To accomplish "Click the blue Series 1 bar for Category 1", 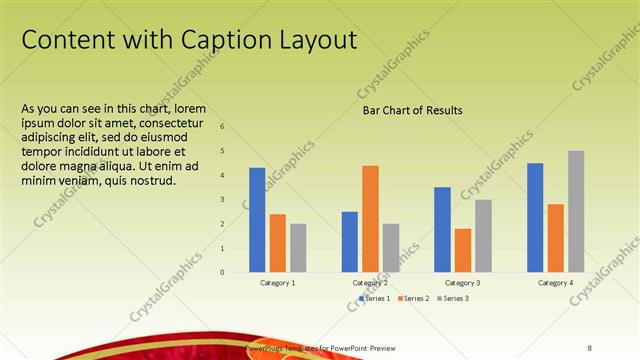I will point(257,220).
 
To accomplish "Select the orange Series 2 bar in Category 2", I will point(370,218).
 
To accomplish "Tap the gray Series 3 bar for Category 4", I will point(576,211).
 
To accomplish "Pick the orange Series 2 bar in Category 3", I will point(462,250).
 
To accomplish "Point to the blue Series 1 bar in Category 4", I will point(535,217).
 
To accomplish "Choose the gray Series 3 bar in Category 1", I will point(298,247).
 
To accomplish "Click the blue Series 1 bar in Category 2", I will point(349,241).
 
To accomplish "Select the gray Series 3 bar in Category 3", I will point(483,235).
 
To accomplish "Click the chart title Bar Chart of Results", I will point(412,111).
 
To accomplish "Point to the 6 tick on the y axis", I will point(222,127).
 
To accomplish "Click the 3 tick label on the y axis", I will point(222,199).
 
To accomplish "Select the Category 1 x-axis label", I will point(278,283).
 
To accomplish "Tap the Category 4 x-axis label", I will point(556,283).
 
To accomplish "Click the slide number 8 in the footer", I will point(590,348).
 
